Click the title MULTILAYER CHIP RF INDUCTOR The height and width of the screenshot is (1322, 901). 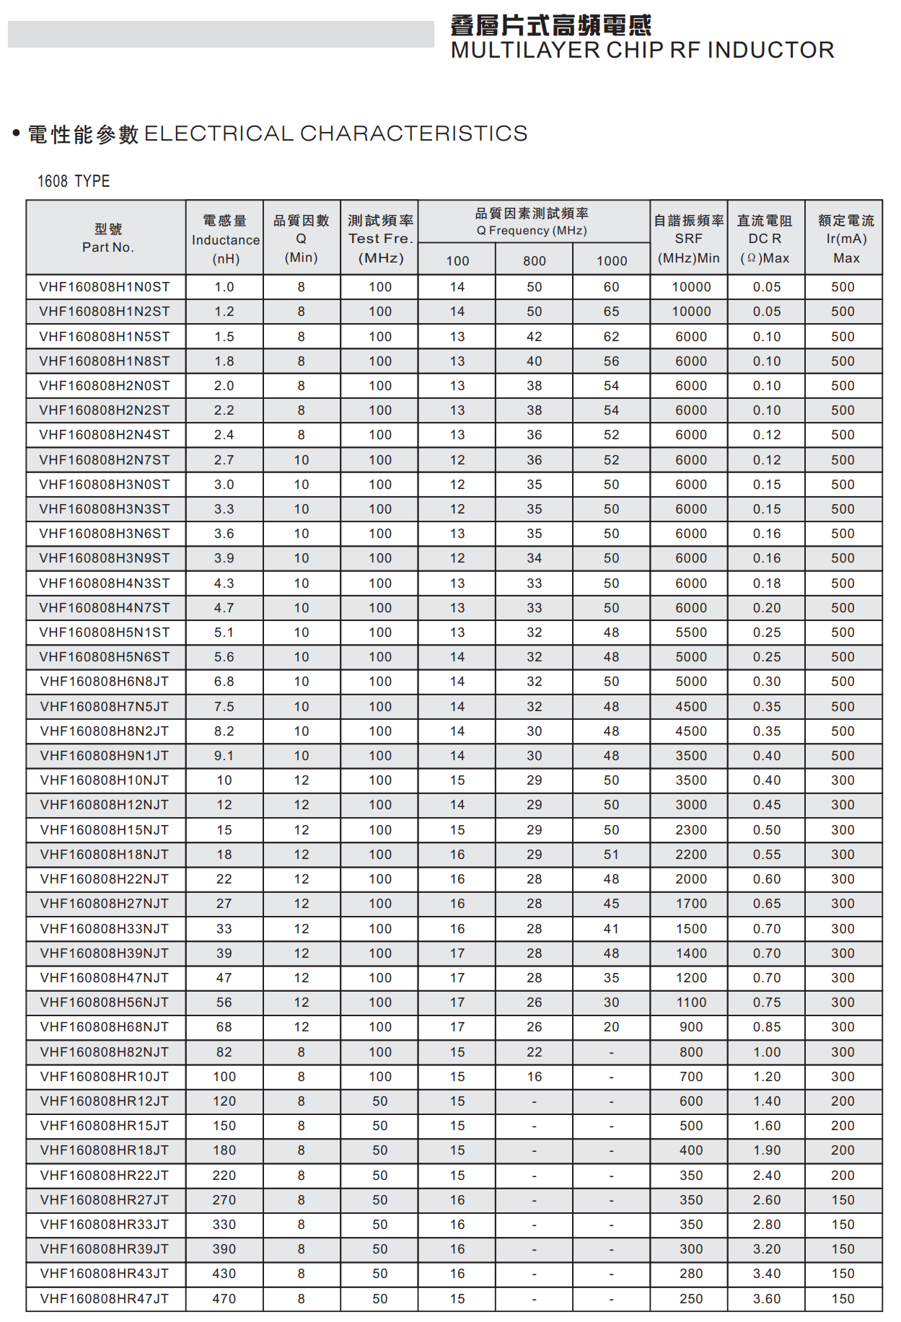coord(642,50)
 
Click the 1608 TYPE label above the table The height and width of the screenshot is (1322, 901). coord(74,181)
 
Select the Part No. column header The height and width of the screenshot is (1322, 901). coord(107,238)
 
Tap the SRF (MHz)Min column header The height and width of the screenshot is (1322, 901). coord(688,239)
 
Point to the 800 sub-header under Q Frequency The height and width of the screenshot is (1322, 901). coord(534,261)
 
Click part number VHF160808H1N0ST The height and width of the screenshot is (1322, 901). coord(105,287)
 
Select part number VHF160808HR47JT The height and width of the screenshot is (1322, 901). coord(105,1299)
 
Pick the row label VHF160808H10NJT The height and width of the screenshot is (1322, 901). coord(105,780)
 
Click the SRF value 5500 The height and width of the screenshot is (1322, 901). coord(690,633)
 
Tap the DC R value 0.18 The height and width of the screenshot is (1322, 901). coord(767,583)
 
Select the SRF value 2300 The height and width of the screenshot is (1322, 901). coord(690,830)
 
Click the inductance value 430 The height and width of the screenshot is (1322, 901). coord(224,1274)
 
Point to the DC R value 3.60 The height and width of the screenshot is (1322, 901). coord(767,1299)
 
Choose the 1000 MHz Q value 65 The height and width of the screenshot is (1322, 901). coord(611,312)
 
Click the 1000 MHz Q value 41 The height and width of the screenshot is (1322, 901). coord(611,929)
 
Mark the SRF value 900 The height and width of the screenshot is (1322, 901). coord(690,1027)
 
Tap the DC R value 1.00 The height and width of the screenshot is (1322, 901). coord(767,1052)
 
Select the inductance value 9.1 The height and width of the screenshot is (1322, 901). coord(224,756)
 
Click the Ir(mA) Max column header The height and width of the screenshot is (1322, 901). coord(845,239)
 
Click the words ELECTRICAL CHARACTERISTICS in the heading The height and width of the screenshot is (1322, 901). coord(336,133)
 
